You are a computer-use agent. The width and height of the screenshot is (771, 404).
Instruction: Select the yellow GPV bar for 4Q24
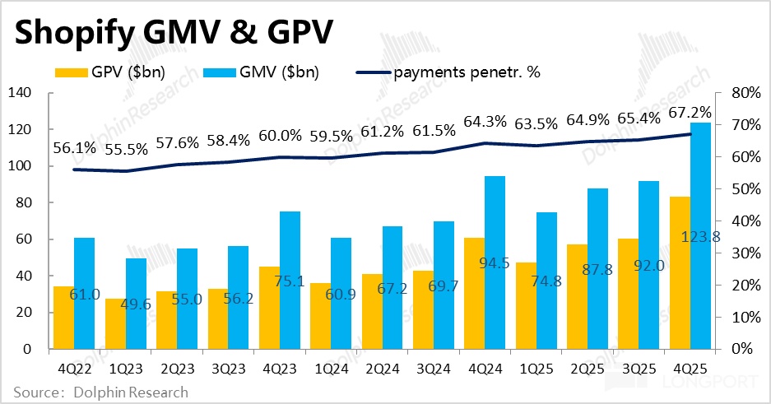[x=474, y=293]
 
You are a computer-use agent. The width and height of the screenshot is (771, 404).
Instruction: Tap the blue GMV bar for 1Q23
[x=136, y=304]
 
